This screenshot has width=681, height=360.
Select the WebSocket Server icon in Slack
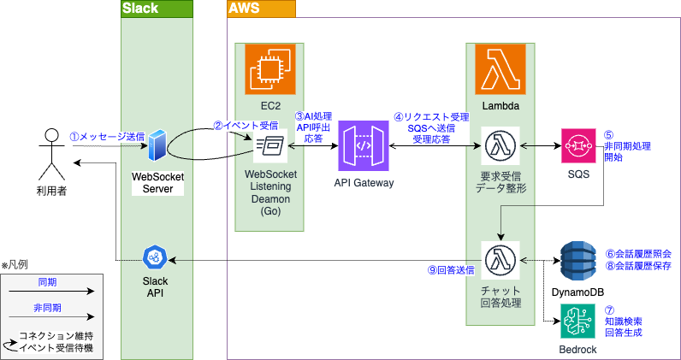click(157, 146)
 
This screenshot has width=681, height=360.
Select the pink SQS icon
click(578, 146)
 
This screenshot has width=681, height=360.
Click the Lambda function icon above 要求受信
click(500, 146)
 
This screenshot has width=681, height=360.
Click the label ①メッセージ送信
click(107, 136)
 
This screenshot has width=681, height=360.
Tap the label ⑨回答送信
click(451, 269)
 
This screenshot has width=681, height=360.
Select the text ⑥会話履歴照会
click(638, 253)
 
